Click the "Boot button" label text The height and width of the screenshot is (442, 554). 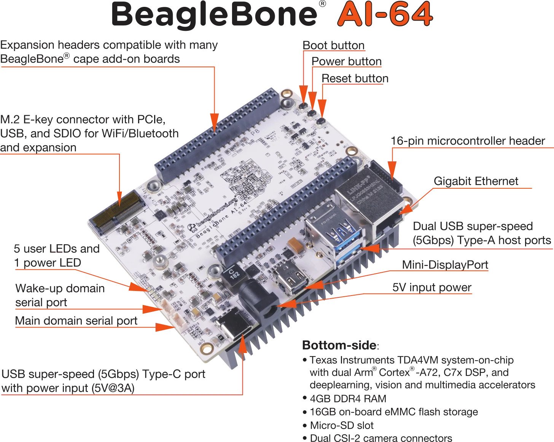coord(333,46)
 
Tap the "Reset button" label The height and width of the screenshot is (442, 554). coord(355,78)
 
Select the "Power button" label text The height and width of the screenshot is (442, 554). coord(347,62)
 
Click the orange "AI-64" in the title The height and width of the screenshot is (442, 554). coord(385,14)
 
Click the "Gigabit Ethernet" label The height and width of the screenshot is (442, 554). coord(476,181)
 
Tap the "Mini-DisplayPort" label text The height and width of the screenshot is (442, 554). coord(445,265)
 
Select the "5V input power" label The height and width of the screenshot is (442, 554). coord(432,287)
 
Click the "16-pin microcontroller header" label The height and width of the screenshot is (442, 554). coord(468,141)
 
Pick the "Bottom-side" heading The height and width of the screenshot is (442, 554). coord(339,345)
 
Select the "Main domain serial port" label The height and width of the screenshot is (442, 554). coord(76,321)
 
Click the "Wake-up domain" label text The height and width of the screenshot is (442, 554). coord(60,288)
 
